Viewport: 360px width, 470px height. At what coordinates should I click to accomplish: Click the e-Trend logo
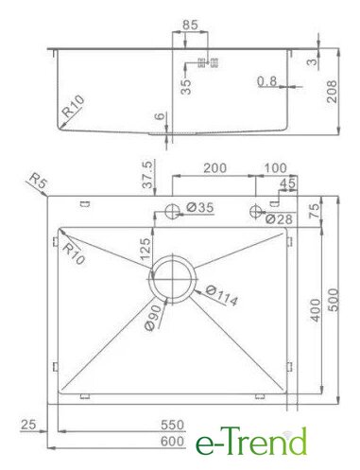pyautogui.click(x=251, y=441)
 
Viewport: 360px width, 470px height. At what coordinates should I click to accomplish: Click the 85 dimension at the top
pyautogui.click(x=190, y=25)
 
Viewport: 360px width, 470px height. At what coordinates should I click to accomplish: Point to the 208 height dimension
pyautogui.click(x=332, y=92)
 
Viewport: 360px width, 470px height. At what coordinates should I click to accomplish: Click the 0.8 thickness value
pyautogui.click(x=267, y=81)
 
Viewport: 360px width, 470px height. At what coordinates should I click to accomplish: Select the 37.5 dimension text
pyautogui.click(x=147, y=174)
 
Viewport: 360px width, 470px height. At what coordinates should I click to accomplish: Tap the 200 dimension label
pyautogui.click(x=214, y=168)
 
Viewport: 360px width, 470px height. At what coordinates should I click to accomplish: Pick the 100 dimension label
pyautogui.click(x=276, y=168)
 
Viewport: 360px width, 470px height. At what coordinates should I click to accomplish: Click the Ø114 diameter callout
pyautogui.click(x=222, y=296)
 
